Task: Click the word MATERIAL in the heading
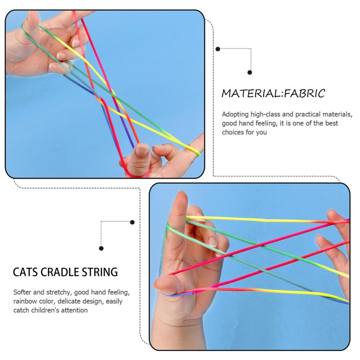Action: point(251,94)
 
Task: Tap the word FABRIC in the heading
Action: point(305,94)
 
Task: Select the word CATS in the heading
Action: point(25,272)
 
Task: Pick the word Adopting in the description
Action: point(235,114)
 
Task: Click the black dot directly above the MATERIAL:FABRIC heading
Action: point(250,72)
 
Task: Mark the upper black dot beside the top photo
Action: point(218,49)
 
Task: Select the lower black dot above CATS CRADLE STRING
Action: point(101,248)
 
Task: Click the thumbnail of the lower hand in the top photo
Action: point(142,150)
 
